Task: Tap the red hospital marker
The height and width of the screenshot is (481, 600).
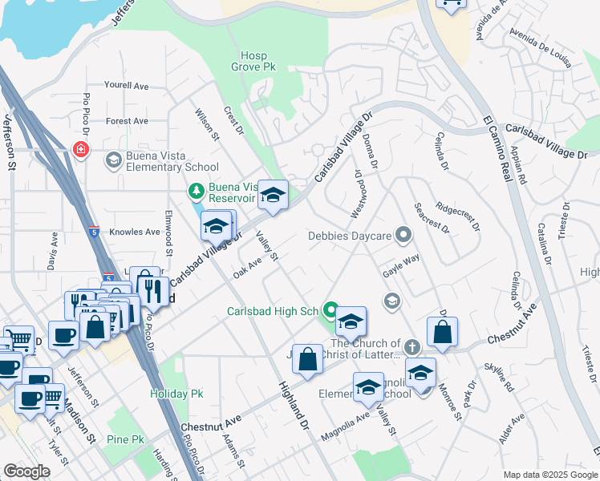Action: tap(79, 149)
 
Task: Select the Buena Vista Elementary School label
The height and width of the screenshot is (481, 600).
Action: tap(172, 160)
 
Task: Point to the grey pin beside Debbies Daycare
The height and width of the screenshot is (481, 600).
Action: tap(404, 236)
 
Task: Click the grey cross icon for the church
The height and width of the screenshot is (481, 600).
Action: tap(411, 348)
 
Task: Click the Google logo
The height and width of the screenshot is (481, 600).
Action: tap(26, 471)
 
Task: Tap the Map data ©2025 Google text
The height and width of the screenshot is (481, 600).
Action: tap(549, 475)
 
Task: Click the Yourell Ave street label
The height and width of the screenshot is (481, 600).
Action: tap(127, 86)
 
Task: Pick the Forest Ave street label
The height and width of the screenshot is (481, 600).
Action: tap(127, 121)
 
